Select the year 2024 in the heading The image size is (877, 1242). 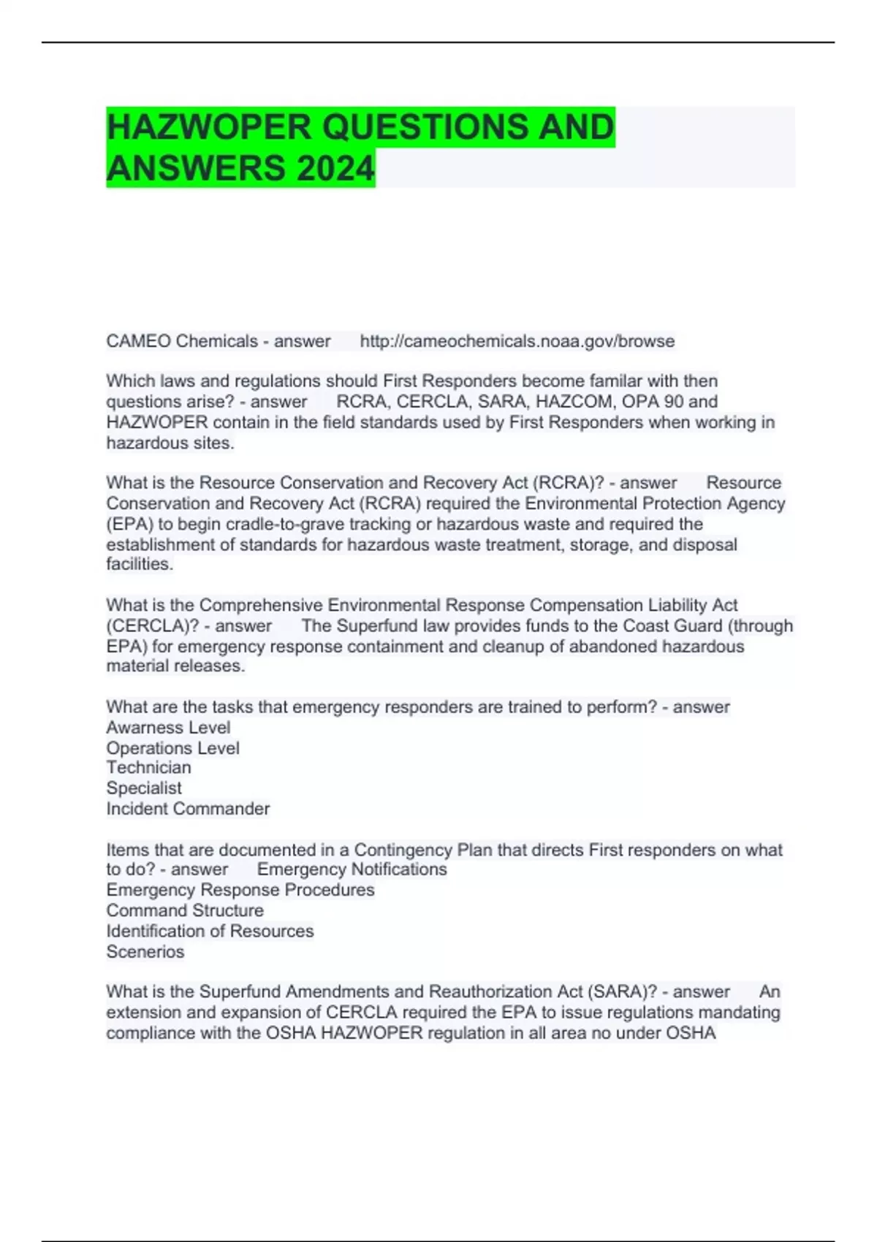tap(335, 168)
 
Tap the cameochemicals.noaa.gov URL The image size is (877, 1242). tap(517, 341)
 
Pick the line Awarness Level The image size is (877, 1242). tap(168, 728)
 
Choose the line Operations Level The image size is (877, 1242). tap(172, 748)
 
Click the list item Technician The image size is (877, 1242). tap(148, 768)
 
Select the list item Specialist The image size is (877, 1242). tap(144, 788)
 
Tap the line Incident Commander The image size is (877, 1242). tap(188, 809)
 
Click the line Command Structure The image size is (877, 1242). tap(185, 910)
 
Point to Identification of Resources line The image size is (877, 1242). tap(210, 931)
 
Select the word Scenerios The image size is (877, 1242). tap(145, 952)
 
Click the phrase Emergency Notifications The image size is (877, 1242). tap(352, 869)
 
